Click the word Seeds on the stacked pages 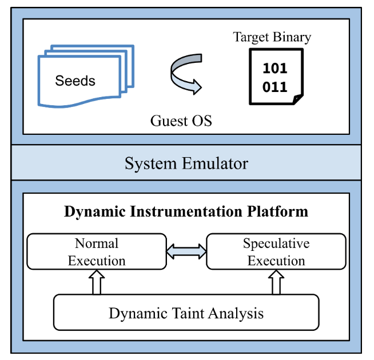[75, 81]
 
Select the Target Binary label [272, 38]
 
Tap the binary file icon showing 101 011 [276, 77]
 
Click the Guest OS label [181, 121]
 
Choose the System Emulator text [186, 164]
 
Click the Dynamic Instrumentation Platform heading [186, 211]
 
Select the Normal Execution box [97, 252]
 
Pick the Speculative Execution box [276, 252]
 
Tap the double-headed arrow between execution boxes [186, 251]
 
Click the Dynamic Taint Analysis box [186, 313]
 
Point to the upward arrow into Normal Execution [97, 282]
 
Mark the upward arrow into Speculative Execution [276, 282]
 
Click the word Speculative [276, 244]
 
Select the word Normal [97, 244]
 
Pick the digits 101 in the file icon [275, 69]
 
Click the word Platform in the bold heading [278, 211]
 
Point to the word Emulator [219, 164]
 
